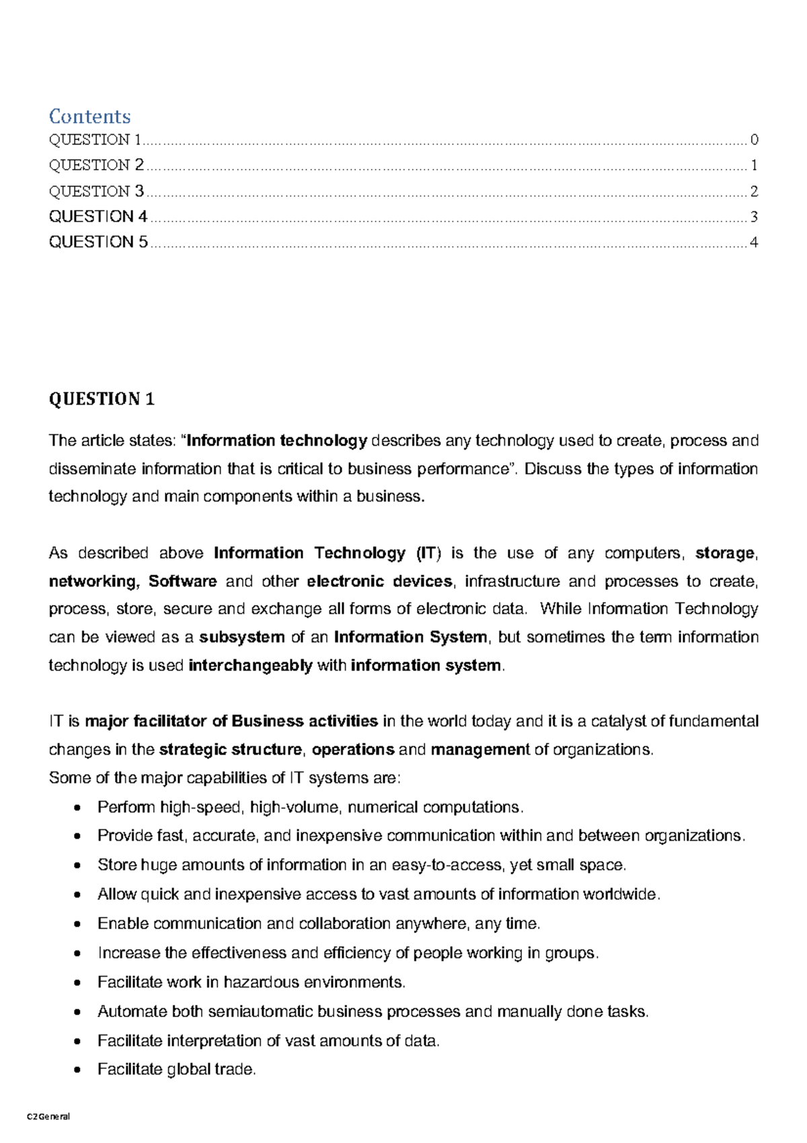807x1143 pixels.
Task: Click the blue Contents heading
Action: click(89, 116)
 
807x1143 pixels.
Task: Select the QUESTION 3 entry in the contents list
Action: click(96, 191)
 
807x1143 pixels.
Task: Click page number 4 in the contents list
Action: click(754, 242)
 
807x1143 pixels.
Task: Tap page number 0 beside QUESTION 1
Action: click(754, 140)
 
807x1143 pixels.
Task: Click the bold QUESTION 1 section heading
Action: click(102, 399)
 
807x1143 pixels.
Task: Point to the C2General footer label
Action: click(48, 1116)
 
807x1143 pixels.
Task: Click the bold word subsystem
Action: click(242, 637)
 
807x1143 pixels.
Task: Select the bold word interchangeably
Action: click(250, 665)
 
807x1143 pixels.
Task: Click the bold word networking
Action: click(93, 581)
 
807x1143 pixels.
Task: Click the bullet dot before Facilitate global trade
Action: click(79, 1070)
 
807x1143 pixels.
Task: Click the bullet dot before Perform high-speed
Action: click(79, 807)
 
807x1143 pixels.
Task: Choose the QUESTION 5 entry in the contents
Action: click(98, 242)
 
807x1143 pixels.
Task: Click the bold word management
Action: click(480, 749)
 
